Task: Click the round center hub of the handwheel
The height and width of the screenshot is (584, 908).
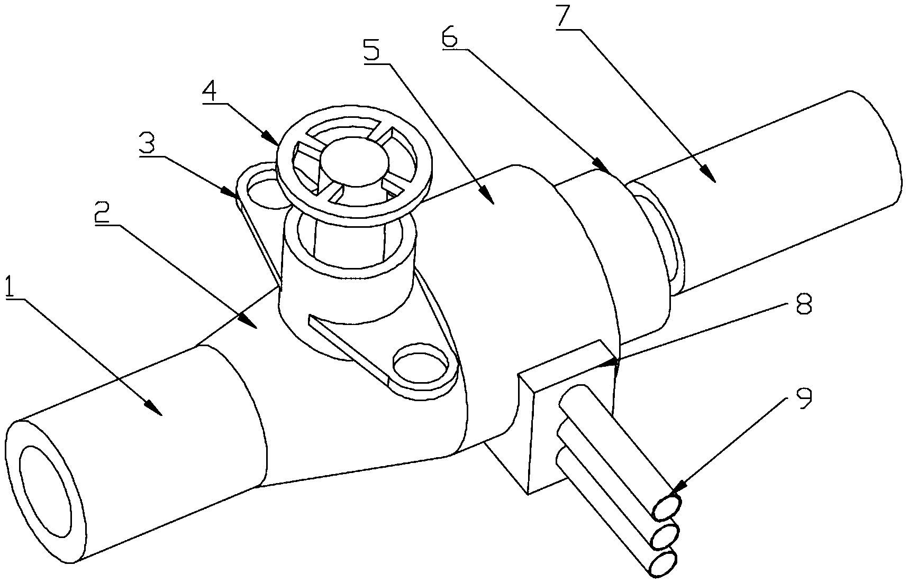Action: (351, 164)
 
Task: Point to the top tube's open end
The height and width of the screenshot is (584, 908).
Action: (667, 507)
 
